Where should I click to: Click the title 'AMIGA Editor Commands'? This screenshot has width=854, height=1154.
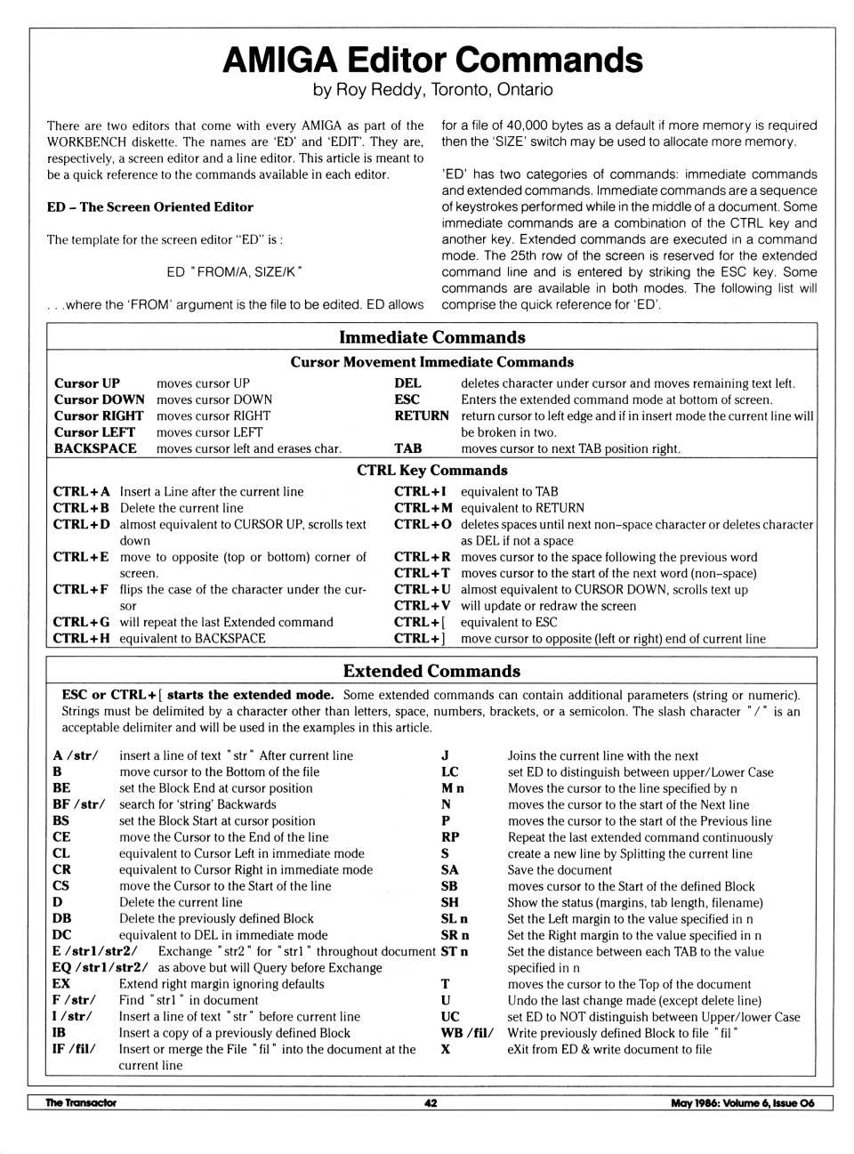pyautogui.click(x=432, y=60)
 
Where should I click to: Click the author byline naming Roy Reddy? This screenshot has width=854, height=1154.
pyautogui.click(x=432, y=90)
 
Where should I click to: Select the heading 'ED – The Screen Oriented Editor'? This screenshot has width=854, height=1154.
pyautogui.click(x=149, y=207)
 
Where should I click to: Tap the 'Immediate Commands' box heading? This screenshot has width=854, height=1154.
pyautogui.click(x=431, y=337)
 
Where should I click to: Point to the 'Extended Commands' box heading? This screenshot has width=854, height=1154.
pyautogui.click(x=431, y=671)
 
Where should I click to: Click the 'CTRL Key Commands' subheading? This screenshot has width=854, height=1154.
pyautogui.click(x=431, y=470)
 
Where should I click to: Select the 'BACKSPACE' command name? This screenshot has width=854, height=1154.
pyautogui.click(x=95, y=448)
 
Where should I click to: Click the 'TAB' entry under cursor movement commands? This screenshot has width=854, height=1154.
pyautogui.click(x=407, y=448)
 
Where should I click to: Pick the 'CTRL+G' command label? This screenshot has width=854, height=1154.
pyautogui.click(x=81, y=622)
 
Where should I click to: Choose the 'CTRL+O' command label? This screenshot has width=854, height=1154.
pyautogui.click(x=423, y=524)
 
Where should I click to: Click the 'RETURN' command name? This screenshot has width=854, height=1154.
pyautogui.click(x=422, y=416)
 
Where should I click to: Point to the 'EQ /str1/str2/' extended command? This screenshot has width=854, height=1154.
pyautogui.click(x=101, y=967)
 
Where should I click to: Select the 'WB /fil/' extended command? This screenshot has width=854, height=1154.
pyautogui.click(x=467, y=1033)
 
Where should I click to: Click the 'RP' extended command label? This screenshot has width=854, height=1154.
pyautogui.click(x=450, y=837)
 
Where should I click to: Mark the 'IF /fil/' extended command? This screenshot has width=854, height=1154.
pyautogui.click(x=74, y=1049)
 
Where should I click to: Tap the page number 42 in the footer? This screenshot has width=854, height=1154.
pyautogui.click(x=431, y=1103)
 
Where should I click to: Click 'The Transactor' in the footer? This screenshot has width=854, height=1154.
pyautogui.click(x=81, y=1103)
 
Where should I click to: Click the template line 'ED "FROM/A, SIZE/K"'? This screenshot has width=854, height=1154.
pyautogui.click(x=234, y=271)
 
